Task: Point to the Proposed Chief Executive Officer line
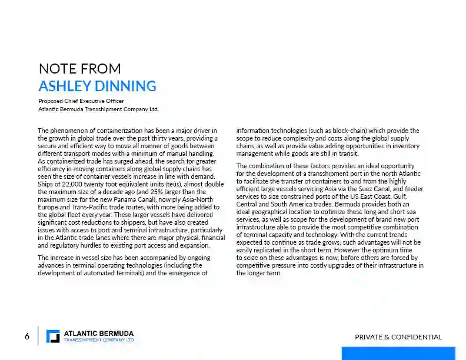(81, 101)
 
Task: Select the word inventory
(405, 146)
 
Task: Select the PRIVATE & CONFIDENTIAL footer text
(398, 337)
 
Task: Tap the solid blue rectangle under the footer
(398, 353)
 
